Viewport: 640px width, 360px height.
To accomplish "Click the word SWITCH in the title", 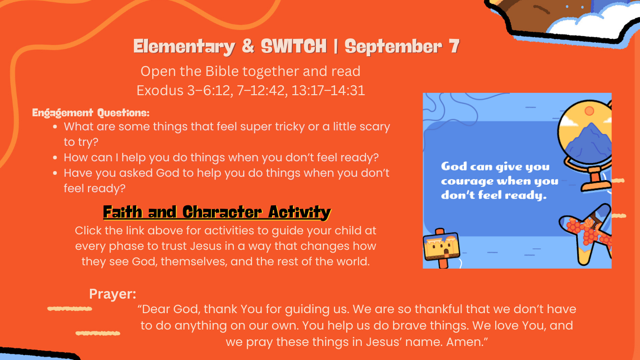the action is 294,46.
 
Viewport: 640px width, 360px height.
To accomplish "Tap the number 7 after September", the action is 454,46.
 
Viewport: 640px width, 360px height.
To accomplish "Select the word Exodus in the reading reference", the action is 160,90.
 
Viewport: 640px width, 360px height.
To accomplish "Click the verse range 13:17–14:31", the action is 328,90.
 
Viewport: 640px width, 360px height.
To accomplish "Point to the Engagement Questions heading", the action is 91,112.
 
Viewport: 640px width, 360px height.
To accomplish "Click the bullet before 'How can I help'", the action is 55,157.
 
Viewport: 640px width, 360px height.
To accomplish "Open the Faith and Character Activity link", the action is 217,212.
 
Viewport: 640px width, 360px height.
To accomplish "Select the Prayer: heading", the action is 112,294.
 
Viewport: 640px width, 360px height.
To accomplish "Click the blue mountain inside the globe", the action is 588,142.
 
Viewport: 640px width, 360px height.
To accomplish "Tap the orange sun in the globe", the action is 589,111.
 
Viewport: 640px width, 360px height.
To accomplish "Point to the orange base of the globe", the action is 595,180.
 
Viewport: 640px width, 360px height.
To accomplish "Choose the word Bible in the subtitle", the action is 222,71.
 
